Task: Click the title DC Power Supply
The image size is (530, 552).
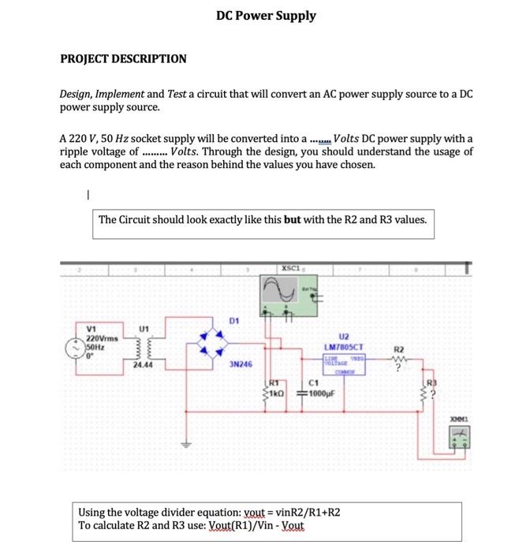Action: tap(266, 16)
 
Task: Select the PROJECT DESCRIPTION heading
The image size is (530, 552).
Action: tap(124, 59)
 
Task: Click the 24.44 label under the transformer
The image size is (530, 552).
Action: tap(143, 366)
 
